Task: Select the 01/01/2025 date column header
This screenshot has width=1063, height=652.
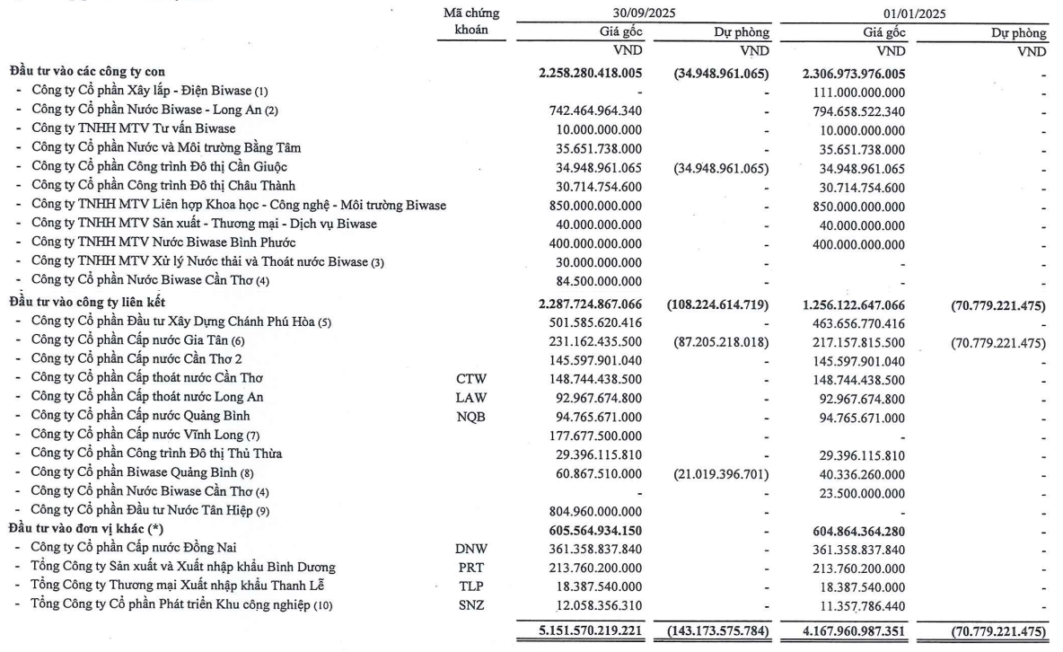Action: pyautogui.click(x=916, y=13)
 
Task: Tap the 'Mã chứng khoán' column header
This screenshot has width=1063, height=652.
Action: pyautogui.click(x=472, y=22)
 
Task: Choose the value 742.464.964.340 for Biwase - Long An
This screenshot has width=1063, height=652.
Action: pyautogui.click(x=589, y=110)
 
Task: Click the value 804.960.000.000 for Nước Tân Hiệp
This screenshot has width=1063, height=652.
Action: pyautogui.click(x=589, y=509)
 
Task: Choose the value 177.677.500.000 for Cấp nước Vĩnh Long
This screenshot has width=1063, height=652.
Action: pyautogui.click(x=589, y=435)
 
